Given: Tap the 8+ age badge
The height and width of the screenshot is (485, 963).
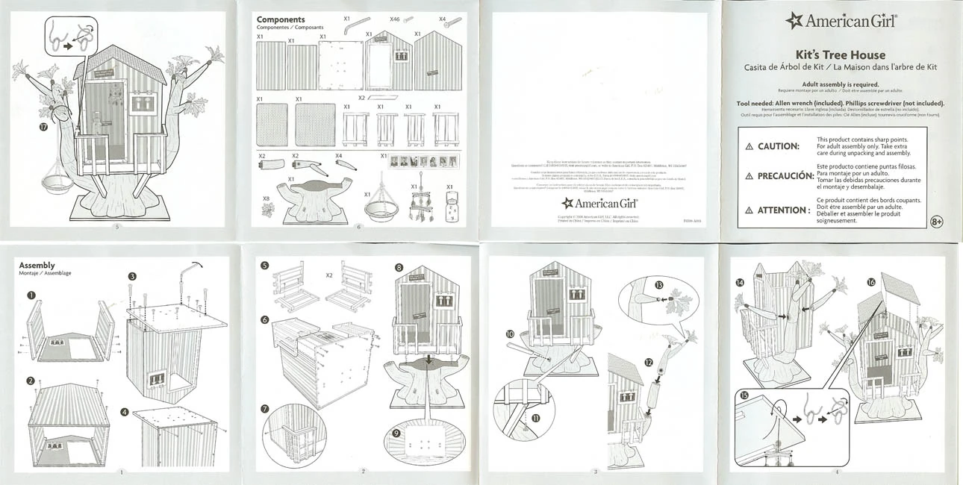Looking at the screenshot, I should click(x=937, y=222).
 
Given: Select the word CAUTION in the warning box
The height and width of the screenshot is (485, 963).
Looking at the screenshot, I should click(x=778, y=146).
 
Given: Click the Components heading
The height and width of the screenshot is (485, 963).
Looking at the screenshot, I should click(x=281, y=19).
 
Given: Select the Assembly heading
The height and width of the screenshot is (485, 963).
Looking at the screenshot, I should click(x=37, y=265).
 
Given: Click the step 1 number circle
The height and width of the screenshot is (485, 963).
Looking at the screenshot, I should click(x=31, y=295).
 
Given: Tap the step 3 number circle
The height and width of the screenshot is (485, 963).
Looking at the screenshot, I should click(x=131, y=277).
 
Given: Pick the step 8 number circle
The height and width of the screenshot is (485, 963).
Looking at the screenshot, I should click(x=399, y=267).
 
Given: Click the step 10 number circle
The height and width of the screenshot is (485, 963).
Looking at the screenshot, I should click(x=510, y=334).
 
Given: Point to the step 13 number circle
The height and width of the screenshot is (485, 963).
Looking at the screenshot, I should click(x=658, y=285).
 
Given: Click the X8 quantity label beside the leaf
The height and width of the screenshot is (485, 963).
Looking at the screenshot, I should click(x=266, y=198).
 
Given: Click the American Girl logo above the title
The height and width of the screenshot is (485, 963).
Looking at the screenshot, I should click(x=841, y=21).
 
